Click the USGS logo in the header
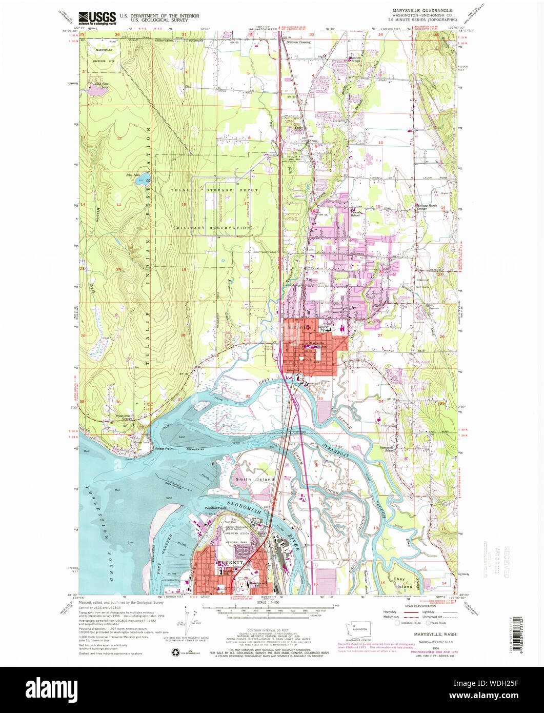[97, 18]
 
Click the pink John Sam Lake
[96, 91]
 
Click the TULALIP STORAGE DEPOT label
[210, 190]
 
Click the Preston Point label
[215, 508]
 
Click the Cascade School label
[356, 214]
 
